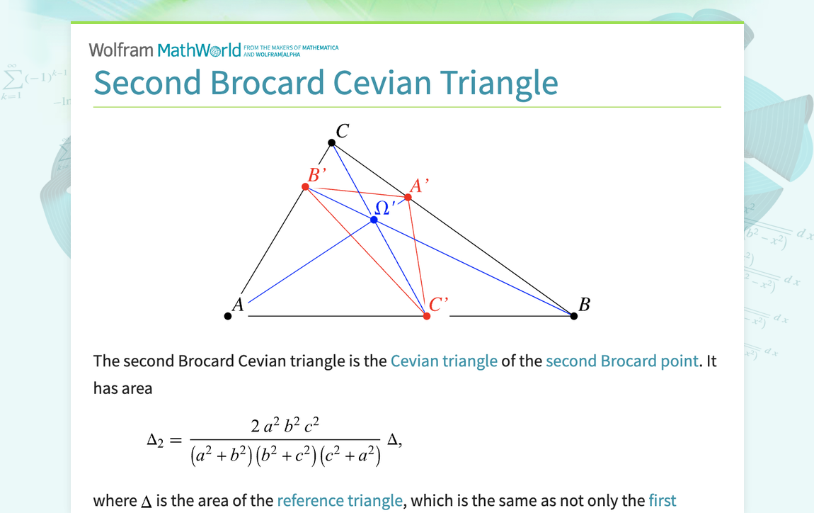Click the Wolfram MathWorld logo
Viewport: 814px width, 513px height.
click(x=165, y=50)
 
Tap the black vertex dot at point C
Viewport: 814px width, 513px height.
click(x=332, y=143)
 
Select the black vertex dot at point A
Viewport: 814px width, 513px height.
click(x=228, y=316)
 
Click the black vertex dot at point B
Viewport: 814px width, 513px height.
click(x=574, y=316)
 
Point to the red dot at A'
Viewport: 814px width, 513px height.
click(x=408, y=197)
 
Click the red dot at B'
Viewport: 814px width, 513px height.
click(x=306, y=187)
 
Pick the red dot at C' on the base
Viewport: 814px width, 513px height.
click(x=427, y=316)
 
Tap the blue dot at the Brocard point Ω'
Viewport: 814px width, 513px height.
click(x=374, y=220)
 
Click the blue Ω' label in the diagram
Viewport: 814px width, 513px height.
click(x=384, y=207)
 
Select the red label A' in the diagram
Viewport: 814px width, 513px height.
click(x=419, y=186)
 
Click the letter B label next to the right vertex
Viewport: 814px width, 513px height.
click(x=584, y=305)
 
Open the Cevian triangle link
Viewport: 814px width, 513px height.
click(x=444, y=361)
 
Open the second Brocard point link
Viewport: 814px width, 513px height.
click(x=621, y=361)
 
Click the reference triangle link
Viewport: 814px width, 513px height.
click(x=340, y=501)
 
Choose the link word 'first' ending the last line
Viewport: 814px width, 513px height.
click(x=662, y=501)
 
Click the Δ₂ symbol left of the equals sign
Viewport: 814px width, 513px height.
click(x=155, y=440)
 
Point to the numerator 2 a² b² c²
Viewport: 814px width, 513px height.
click(x=285, y=425)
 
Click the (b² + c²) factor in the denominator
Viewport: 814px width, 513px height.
click(x=286, y=456)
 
